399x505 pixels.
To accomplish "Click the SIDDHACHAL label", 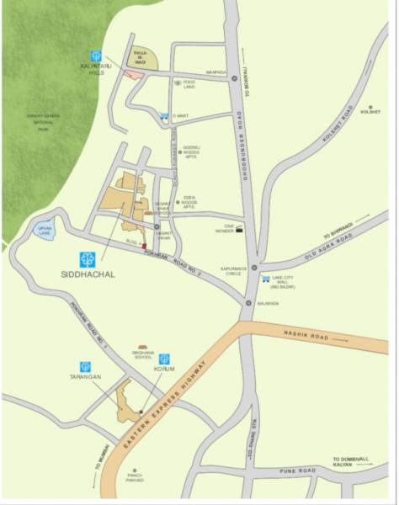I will click(x=87, y=274).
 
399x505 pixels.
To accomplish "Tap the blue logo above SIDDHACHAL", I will click(x=87, y=259).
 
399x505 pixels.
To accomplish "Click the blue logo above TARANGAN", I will click(x=85, y=366).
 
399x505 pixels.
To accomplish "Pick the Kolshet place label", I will click(x=370, y=110).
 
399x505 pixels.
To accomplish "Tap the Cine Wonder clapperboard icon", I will click(x=242, y=227).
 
